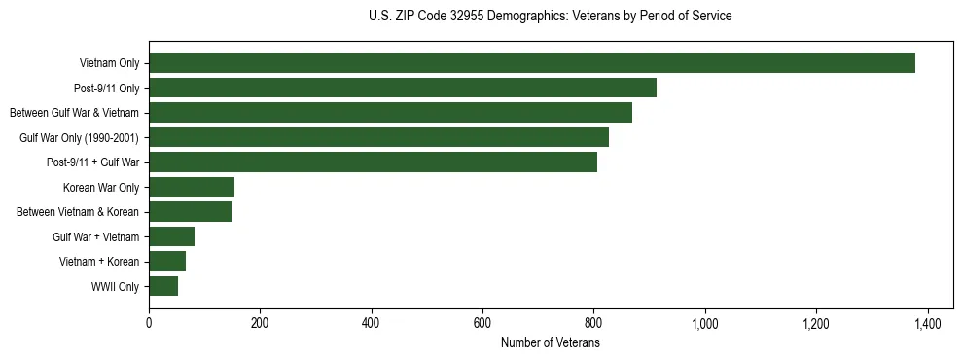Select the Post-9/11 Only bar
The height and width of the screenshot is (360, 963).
point(403,88)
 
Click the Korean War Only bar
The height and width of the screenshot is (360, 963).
point(192,187)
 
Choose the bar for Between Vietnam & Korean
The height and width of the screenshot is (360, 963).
point(190,212)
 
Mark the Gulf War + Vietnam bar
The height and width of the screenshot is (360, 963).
point(171,236)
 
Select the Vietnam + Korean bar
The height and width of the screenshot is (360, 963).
point(167,262)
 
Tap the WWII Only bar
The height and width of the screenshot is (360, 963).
point(163,286)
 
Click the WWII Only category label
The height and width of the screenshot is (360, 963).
point(115,287)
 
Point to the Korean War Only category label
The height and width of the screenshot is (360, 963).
point(101,188)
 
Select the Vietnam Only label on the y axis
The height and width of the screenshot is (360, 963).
point(110,64)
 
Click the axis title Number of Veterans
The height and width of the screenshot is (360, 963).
point(550,342)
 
